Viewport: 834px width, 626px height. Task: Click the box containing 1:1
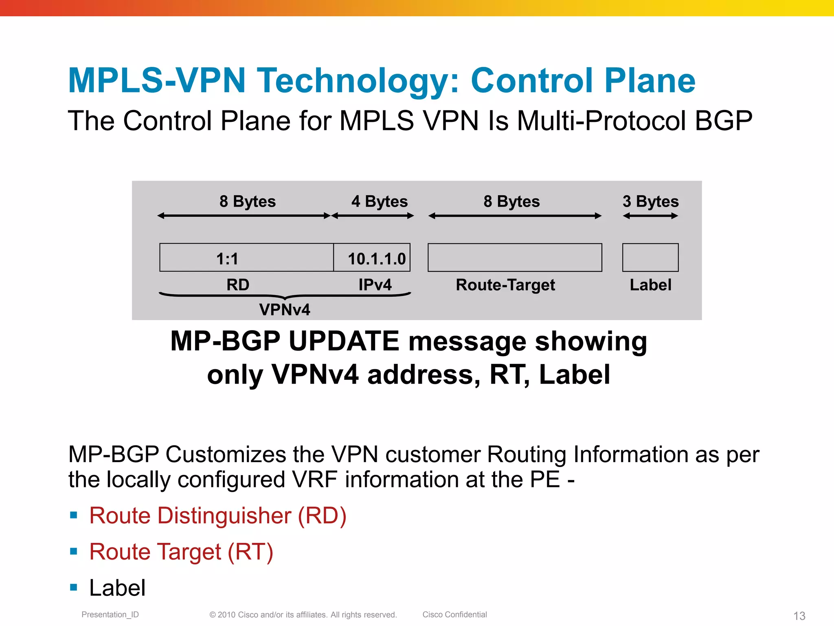(x=246, y=258)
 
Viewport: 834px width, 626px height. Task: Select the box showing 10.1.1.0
(x=372, y=258)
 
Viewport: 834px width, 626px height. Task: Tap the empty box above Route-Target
(x=515, y=258)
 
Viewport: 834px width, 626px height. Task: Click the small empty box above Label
(x=650, y=258)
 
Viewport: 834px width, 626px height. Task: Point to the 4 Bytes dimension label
(x=379, y=201)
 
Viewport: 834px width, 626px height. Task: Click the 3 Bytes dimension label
(x=650, y=201)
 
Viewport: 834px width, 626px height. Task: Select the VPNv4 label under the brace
(x=285, y=310)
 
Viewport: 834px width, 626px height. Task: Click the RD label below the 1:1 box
(x=238, y=284)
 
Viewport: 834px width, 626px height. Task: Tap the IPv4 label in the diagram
(x=375, y=284)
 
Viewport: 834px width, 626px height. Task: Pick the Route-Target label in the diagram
(x=505, y=285)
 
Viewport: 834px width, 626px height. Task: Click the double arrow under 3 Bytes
(x=650, y=216)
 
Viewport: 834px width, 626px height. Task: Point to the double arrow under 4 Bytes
(x=373, y=216)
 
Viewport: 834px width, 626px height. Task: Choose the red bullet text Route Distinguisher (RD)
(x=218, y=516)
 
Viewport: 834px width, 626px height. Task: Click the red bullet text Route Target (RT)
(x=181, y=552)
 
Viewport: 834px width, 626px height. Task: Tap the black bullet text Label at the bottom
(x=117, y=588)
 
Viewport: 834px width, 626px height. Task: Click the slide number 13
(x=799, y=616)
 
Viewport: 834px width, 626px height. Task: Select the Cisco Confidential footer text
(x=454, y=615)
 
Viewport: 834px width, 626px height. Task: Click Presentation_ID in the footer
(x=110, y=615)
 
